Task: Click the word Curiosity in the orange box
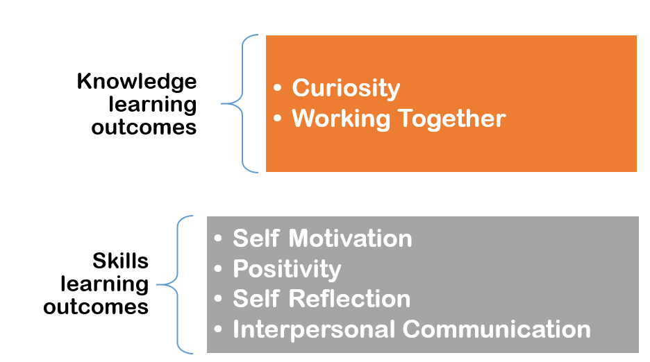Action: point(346,89)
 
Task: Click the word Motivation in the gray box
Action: point(351,239)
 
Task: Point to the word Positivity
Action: point(287,269)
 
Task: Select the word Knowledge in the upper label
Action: point(137,82)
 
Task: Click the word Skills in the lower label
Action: point(121,261)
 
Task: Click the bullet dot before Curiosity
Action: point(278,89)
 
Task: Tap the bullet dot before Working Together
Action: point(278,119)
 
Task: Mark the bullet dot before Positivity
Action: point(219,269)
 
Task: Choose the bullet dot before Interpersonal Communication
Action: point(219,329)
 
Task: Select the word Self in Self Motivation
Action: point(256,239)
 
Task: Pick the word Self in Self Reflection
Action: point(256,299)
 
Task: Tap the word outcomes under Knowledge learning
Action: point(144,128)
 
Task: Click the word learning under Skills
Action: point(104,284)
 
